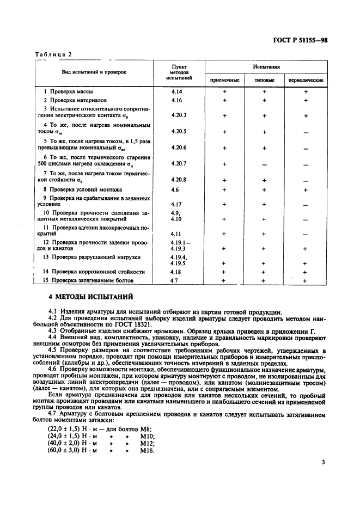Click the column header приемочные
(224, 80)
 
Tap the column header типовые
(265, 80)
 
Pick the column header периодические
(306, 80)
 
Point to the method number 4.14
(176, 91)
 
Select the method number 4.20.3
(178, 115)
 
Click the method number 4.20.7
(178, 163)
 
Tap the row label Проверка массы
(71, 91)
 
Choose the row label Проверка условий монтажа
(82, 189)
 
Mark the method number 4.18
(175, 271)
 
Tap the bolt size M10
(147, 436)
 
